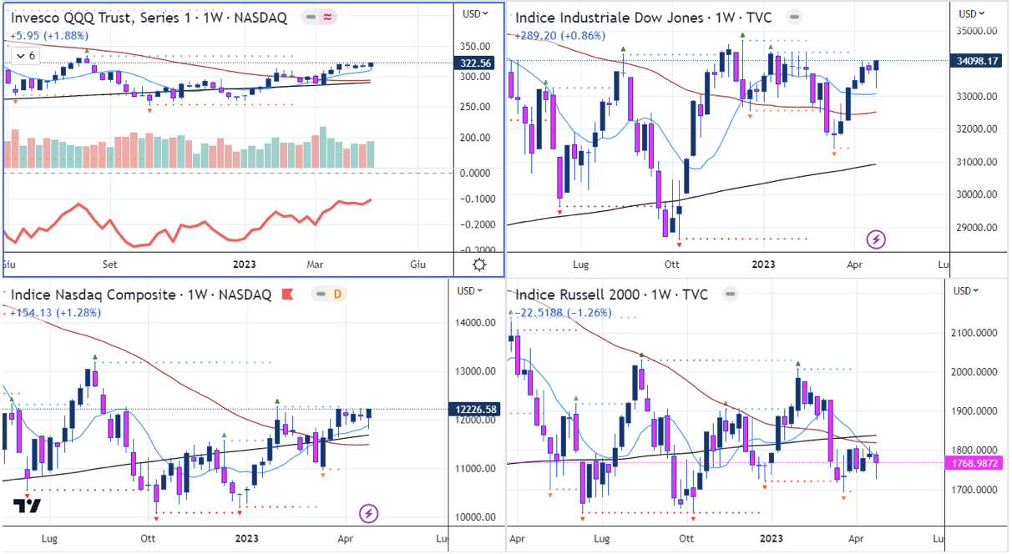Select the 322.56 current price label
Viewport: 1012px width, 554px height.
pos(476,63)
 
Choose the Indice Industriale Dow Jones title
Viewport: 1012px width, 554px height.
pos(643,18)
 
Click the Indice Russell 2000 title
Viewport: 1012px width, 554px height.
pos(611,295)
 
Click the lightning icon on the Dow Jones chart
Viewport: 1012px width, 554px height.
pos(877,240)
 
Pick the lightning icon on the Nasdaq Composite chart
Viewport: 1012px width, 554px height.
pos(367,512)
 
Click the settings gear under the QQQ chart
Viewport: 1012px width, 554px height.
pos(479,265)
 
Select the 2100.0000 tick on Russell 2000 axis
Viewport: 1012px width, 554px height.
pos(977,334)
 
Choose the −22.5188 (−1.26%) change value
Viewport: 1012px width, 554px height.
pos(564,313)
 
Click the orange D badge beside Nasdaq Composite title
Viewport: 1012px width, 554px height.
pos(338,294)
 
